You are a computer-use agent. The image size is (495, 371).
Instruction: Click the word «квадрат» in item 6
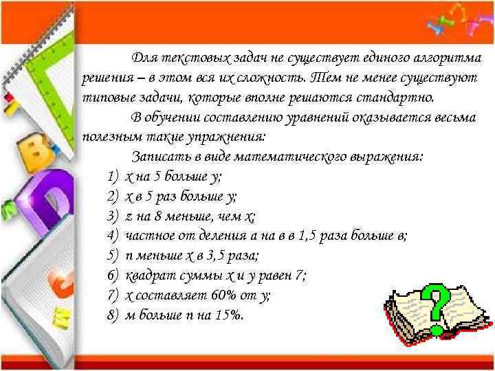(148, 276)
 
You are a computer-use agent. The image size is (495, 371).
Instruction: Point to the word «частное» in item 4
(148, 236)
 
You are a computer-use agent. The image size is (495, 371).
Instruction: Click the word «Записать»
(159, 157)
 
